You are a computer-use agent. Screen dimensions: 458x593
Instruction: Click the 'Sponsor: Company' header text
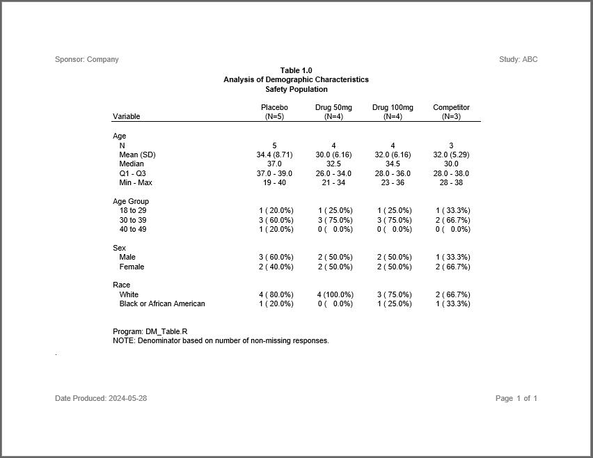[x=87, y=59]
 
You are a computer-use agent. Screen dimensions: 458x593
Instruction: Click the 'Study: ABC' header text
[x=518, y=59]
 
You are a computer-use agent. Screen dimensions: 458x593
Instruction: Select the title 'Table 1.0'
[x=296, y=70]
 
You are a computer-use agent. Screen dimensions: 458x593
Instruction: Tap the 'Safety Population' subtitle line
[x=296, y=89]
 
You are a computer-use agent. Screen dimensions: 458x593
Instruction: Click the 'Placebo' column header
[x=274, y=107]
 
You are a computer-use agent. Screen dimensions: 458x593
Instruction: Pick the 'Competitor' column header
[x=451, y=107]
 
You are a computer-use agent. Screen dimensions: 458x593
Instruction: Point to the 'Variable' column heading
[x=126, y=116]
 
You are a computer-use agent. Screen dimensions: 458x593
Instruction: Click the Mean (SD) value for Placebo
[x=274, y=155]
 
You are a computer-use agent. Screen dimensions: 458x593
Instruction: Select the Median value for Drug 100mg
[x=393, y=164]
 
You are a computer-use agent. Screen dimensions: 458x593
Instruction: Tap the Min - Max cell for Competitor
[x=451, y=182]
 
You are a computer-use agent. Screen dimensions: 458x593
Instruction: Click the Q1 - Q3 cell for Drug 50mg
[x=333, y=173]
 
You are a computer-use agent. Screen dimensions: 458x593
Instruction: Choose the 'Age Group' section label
[x=131, y=201]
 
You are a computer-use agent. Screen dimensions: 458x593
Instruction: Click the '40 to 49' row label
[x=133, y=229]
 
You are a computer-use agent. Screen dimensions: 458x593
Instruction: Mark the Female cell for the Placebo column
[x=276, y=267]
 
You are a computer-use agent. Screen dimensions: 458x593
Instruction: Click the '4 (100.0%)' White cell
[x=335, y=294]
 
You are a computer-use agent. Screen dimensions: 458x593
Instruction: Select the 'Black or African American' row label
[x=162, y=303]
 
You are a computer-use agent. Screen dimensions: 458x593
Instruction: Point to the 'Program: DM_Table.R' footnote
[x=150, y=331]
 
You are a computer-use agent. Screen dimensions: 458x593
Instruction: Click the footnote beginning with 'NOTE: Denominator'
[x=221, y=341]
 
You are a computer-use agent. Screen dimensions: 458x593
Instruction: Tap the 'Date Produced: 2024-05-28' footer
[x=101, y=398]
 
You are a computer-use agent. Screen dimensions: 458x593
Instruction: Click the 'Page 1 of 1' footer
[x=516, y=398]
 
